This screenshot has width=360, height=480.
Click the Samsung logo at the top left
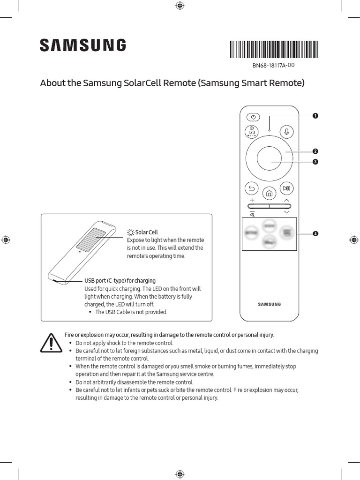click(x=82, y=45)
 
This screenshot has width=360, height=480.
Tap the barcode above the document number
click(x=274, y=49)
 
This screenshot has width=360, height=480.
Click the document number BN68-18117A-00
click(x=273, y=66)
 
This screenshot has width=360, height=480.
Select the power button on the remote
click(x=253, y=117)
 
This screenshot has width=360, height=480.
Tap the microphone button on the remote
click(x=286, y=132)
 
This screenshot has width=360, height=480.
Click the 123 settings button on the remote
click(x=252, y=132)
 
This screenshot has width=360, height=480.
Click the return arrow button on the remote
click(x=252, y=189)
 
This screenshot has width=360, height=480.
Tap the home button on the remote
click(x=269, y=193)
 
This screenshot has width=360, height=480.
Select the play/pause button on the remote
click(x=286, y=189)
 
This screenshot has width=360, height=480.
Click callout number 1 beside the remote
click(x=315, y=115)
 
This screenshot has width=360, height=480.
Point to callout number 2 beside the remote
click(x=315, y=151)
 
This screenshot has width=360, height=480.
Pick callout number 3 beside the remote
click(x=315, y=162)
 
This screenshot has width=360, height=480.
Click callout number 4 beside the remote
click(x=315, y=233)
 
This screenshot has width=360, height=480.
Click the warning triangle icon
click(x=49, y=344)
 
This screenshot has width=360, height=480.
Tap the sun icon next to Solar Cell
click(x=130, y=232)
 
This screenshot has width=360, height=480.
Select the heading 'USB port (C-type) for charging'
click(x=120, y=281)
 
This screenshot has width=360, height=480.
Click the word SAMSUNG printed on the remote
click(x=270, y=304)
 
